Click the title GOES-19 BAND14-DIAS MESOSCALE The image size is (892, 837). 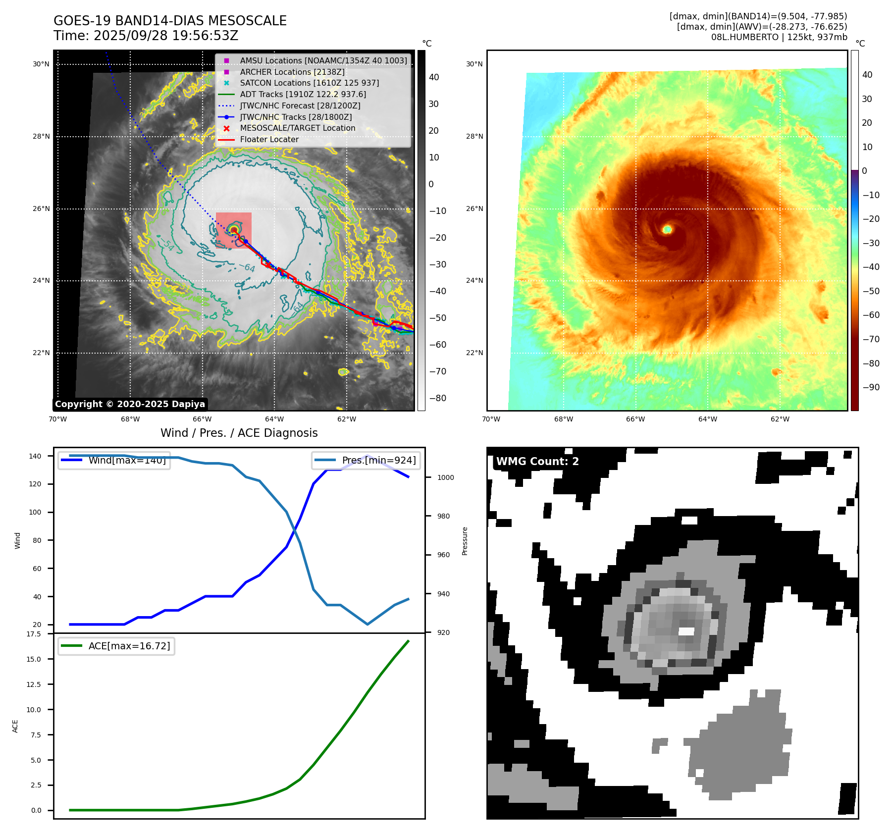[x=170, y=21]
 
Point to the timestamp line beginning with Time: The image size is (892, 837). [x=146, y=36]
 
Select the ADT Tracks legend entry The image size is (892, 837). [x=303, y=94]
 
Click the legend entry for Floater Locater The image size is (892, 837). [x=269, y=139]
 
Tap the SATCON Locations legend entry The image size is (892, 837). [x=309, y=83]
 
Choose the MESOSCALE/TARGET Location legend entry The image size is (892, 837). [x=297, y=128]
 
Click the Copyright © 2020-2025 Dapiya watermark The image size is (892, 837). [x=130, y=404]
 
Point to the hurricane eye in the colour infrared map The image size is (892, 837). [x=667, y=229]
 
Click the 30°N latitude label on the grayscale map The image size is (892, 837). [x=41, y=64]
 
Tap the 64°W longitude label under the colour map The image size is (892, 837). [x=707, y=419]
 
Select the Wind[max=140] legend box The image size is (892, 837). [x=114, y=460]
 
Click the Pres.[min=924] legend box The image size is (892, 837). [x=367, y=460]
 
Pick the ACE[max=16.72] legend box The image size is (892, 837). [x=116, y=646]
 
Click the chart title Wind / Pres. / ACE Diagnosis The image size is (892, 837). [x=239, y=433]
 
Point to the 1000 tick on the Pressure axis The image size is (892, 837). [x=445, y=477]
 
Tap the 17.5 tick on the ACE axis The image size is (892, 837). [x=34, y=634]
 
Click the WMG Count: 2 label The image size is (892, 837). [x=537, y=462]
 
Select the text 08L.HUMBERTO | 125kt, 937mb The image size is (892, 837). [x=779, y=37]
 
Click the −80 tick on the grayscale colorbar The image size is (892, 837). [x=437, y=398]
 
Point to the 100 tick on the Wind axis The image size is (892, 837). [x=35, y=512]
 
